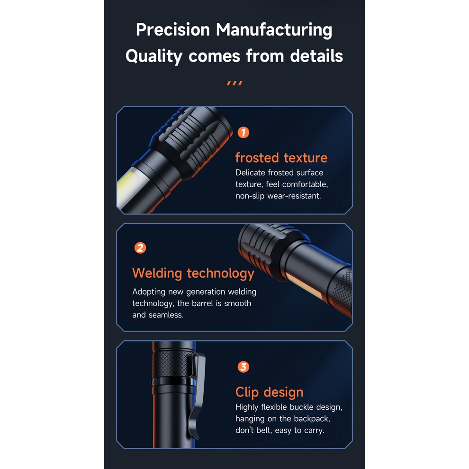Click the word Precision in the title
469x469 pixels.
tap(173, 30)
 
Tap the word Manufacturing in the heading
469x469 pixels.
tap(274, 30)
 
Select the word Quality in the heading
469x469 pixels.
tap(154, 57)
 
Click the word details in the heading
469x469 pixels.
tap(316, 56)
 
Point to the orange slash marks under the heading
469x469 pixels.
tap(234, 83)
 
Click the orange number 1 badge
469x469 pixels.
tap(243, 133)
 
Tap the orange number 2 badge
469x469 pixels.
tap(140, 248)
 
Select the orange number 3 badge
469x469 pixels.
tap(243, 367)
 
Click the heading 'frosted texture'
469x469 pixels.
tap(281, 158)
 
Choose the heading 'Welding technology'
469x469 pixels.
tap(193, 273)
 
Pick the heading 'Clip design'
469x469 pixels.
tap(269, 392)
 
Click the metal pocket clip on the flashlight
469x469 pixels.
tap(196, 395)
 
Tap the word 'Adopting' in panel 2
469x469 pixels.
tap(149, 292)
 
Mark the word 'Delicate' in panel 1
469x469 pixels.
tap(250, 172)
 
